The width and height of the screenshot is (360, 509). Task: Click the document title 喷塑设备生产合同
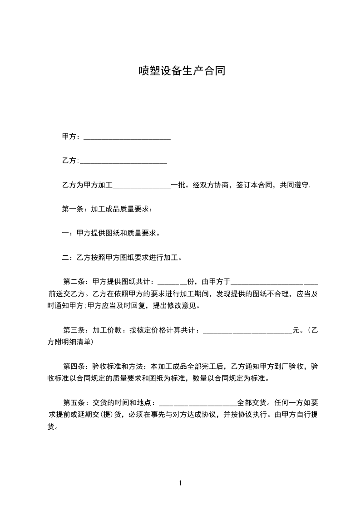(x=182, y=71)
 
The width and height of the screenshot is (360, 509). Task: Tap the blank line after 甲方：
(x=127, y=137)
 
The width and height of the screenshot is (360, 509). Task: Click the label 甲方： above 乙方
(x=71, y=136)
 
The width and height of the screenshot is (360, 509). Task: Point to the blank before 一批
(x=141, y=186)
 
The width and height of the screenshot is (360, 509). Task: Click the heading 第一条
(x=72, y=210)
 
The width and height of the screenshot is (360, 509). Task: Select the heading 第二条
(x=73, y=281)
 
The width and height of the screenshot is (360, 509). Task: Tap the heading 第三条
(x=73, y=330)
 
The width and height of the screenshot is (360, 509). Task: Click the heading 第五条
(x=73, y=403)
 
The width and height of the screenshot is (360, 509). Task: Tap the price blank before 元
(x=247, y=332)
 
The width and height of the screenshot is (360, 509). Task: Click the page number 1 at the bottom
(x=180, y=483)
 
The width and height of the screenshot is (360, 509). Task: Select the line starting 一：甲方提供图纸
(x=111, y=234)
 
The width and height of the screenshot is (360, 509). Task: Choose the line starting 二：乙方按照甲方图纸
(x=123, y=258)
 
